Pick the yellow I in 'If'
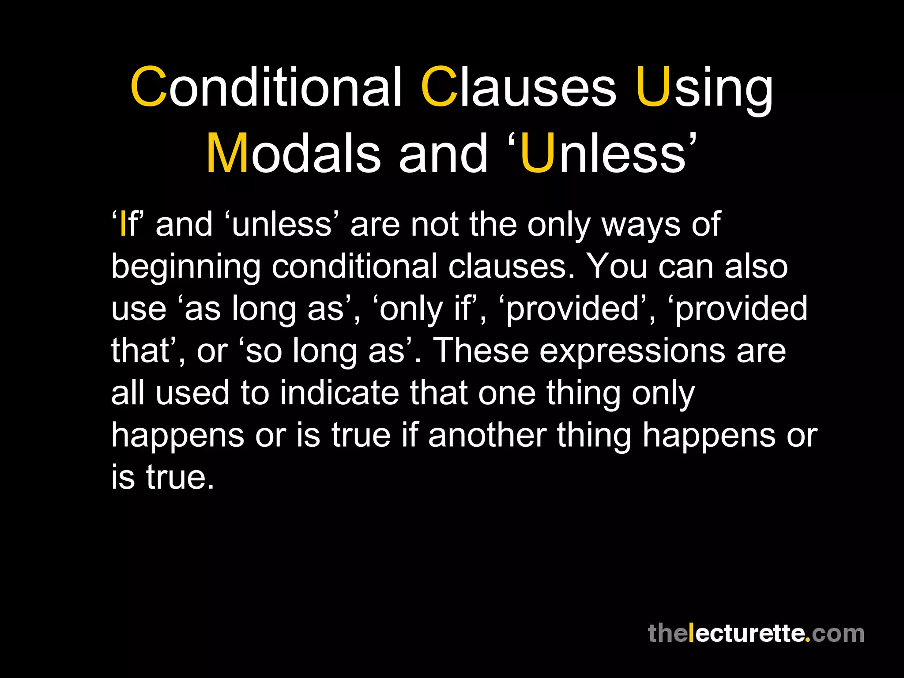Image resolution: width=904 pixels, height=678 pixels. coord(123,224)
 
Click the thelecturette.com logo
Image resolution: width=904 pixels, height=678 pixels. coord(756,633)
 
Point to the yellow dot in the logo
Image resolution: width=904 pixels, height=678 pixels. coord(807,640)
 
